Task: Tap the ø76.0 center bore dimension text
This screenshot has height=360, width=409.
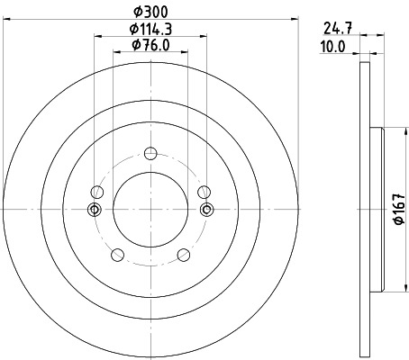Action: [x=150, y=46]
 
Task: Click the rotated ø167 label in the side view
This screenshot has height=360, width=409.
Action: [x=397, y=210]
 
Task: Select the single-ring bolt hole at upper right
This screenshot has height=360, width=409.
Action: [x=204, y=191]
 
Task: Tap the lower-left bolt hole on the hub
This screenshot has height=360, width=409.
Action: [x=116, y=256]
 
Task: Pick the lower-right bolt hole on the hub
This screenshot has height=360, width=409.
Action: [x=184, y=256]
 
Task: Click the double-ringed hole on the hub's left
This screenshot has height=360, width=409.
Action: [x=93, y=211]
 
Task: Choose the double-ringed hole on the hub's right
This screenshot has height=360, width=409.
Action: [x=206, y=211]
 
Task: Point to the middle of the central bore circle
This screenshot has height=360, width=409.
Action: [x=150, y=211]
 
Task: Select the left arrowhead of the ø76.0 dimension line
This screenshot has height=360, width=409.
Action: [x=115, y=53]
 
